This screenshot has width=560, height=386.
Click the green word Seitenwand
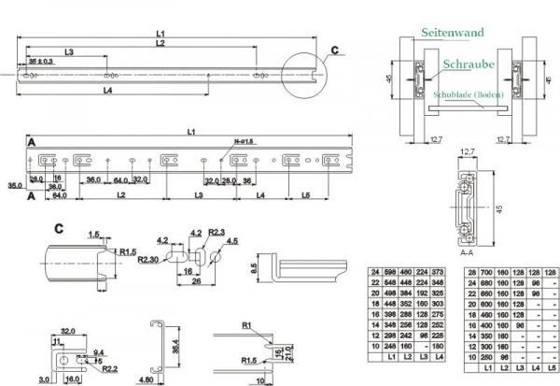pos(451,32)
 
